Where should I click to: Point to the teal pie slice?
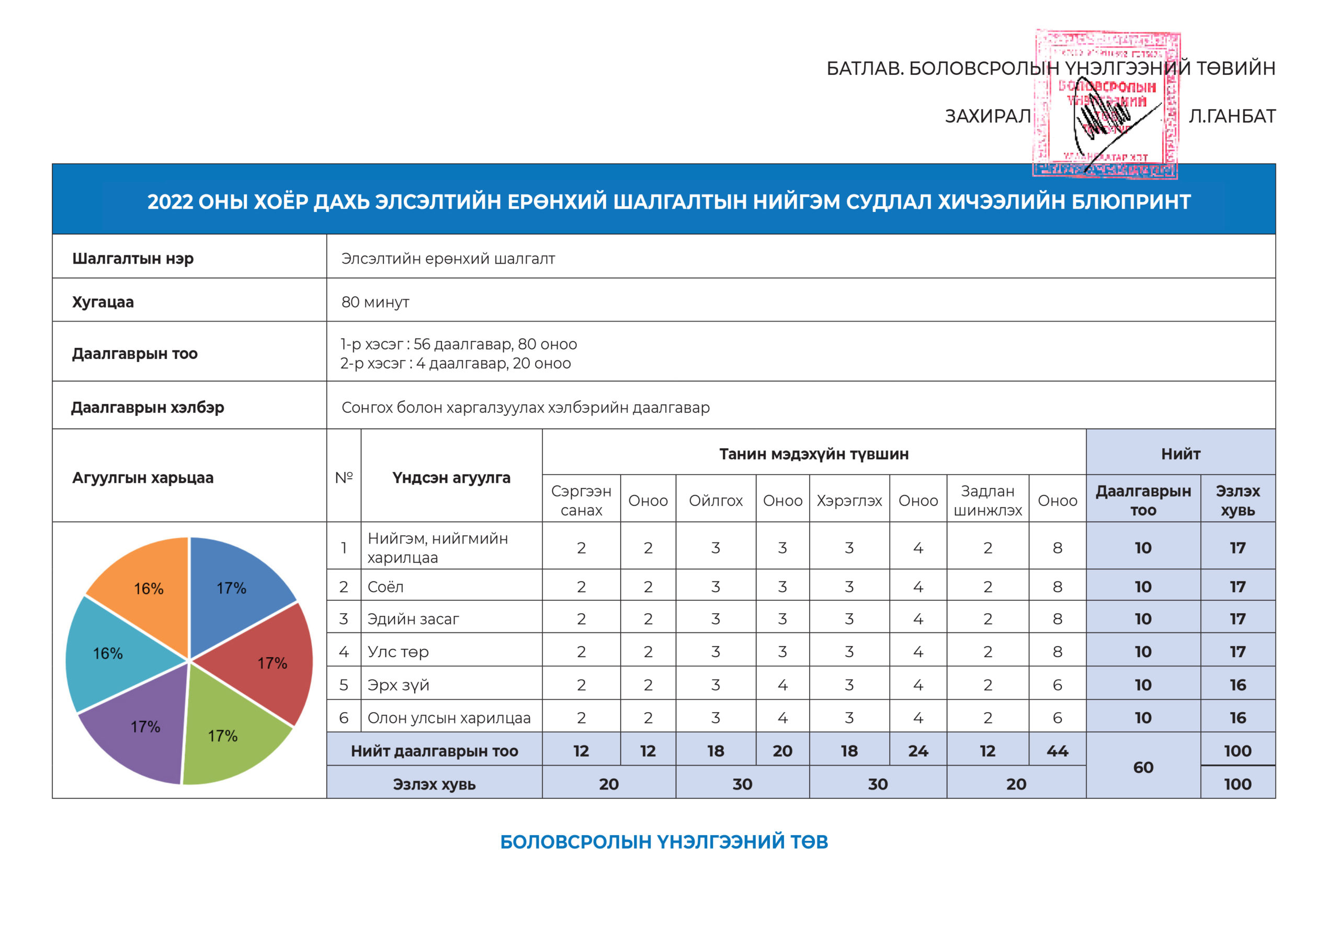coord(111,653)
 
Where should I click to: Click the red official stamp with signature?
coord(1106,105)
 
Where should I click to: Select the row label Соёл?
coord(385,587)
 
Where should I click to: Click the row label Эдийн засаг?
coord(413,619)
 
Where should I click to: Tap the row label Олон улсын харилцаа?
coord(448,718)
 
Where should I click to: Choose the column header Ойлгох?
coord(716,501)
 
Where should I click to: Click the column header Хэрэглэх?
coord(849,501)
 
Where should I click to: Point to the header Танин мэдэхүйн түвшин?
coord(813,454)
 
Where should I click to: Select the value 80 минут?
coord(375,302)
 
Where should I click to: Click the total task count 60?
coord(1143,768)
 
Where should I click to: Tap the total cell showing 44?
coord(1057,751)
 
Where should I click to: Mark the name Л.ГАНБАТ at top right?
coord(1232,117)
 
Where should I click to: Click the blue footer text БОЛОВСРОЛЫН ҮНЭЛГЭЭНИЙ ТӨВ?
coord(664,842)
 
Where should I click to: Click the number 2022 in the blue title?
coord(169,202)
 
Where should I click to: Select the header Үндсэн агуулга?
coord(451,478)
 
